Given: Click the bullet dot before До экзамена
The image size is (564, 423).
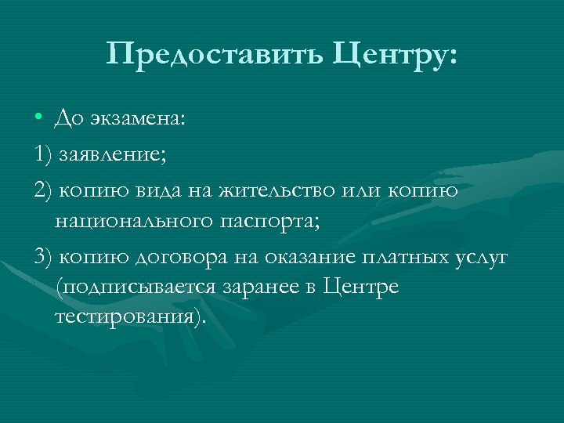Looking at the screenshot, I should (x=38, y=119).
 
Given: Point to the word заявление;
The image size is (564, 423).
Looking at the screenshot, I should (x=110, y=154).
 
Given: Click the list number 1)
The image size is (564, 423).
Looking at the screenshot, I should (x=42, y=154).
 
